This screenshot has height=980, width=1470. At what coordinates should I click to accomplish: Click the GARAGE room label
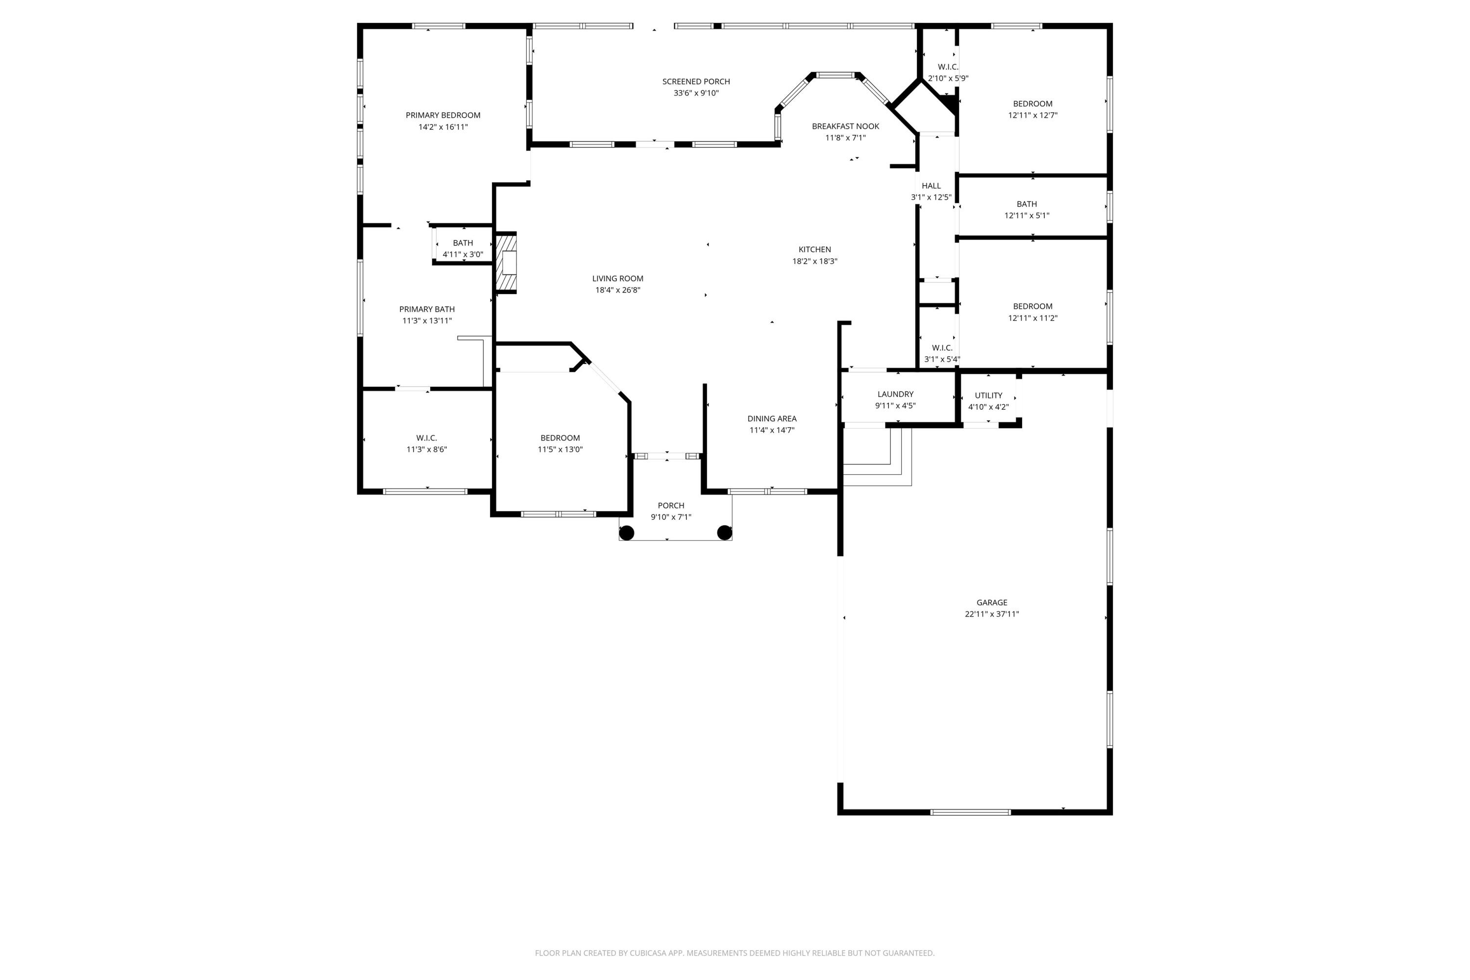click(x=991, y=603)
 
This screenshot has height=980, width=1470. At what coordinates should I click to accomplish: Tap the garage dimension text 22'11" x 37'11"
click(x=991, y=614)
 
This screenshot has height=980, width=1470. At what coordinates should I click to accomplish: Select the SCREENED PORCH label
click(x=696, y=82)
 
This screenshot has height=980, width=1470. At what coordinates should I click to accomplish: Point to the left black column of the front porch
click(x=626, y=533)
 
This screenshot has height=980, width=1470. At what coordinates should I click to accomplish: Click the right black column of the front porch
click(x=724, y=533)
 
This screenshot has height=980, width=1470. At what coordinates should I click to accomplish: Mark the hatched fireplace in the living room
click(x=507, y=263)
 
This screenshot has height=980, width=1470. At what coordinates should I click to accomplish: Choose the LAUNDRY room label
click(x=895, y=394)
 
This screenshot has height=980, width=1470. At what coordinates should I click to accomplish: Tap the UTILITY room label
click(x=988, y=395)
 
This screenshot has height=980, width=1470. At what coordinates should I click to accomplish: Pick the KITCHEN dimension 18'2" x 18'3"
click(x=814, y=262)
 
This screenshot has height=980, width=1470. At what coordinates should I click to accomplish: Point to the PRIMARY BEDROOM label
click(x=442, y=116)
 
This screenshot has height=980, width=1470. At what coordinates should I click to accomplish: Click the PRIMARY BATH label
click(x=427, y=309)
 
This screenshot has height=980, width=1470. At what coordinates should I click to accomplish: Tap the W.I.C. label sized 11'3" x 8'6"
click(x=426, y=438)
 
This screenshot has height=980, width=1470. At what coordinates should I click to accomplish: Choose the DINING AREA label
click(x=771, y=419)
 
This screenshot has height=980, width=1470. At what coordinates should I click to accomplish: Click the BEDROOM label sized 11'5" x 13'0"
click(x=560, y=438)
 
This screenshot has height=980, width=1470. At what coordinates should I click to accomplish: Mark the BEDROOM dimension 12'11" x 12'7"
click(x=1032, y=116)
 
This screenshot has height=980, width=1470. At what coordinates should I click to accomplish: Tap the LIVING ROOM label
click(x=617, y=279)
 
